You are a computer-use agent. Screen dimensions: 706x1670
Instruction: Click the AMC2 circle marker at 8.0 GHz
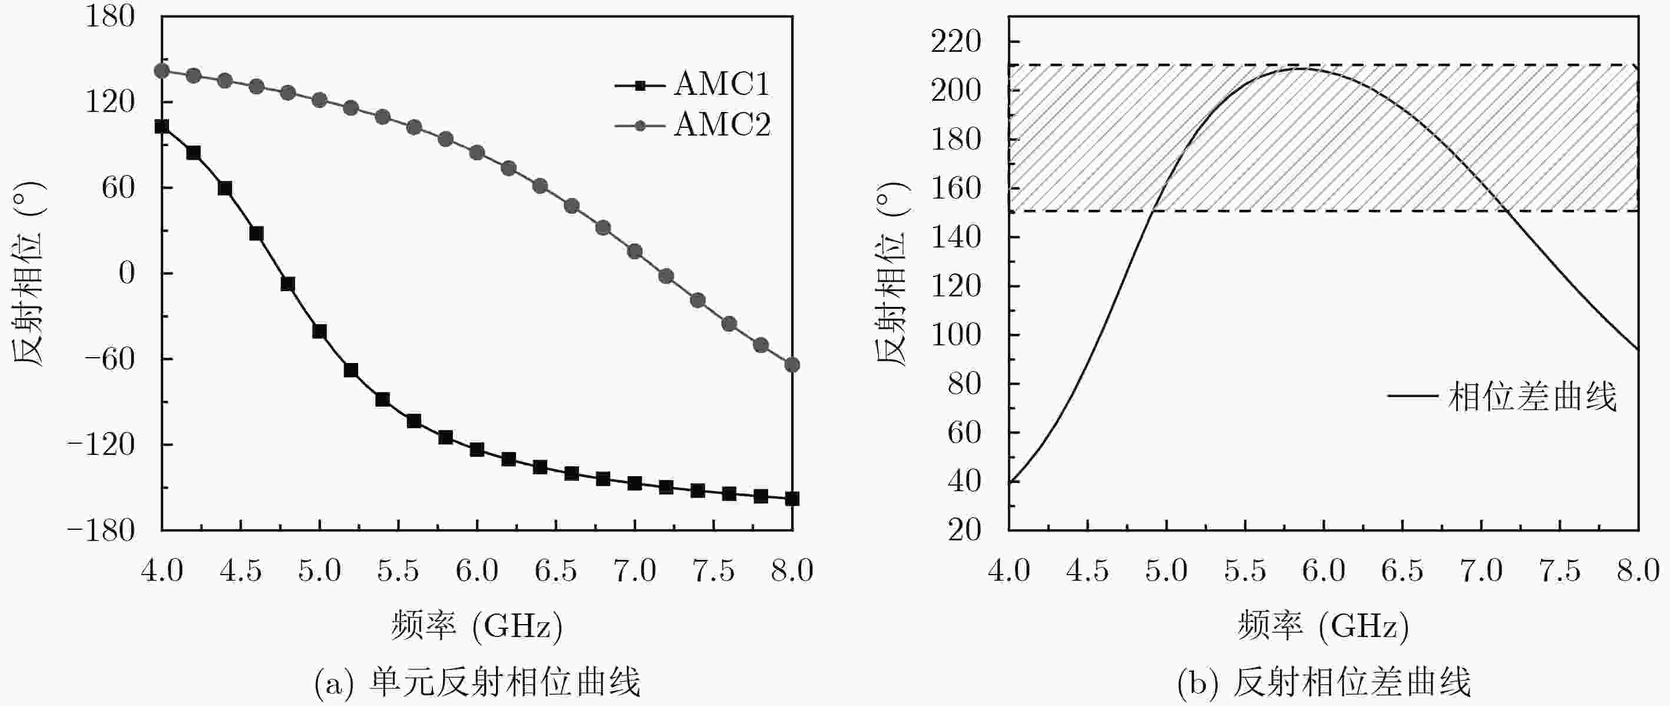coord(792,365)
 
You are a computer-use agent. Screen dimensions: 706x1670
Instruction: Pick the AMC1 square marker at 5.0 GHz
coord(320,331)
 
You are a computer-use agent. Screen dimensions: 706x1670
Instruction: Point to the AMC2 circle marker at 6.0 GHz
coord(477,153)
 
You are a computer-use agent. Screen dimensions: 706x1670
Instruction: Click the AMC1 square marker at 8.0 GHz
coord(792,499)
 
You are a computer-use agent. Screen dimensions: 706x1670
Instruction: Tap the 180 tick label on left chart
coord(110,17)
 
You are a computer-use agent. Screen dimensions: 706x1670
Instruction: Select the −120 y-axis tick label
coord(101,445)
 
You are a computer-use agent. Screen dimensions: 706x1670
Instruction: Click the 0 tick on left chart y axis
coord(127,273)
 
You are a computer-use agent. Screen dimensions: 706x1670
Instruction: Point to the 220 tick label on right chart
coord(956,42)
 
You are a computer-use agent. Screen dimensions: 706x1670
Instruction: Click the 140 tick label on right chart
coord(956,237)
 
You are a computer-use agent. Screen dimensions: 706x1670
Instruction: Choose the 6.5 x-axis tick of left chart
coord(555,571)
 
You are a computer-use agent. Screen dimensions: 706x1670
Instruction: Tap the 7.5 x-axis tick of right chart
coord(1560,571)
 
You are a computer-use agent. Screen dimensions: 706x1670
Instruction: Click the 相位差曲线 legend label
coord(1533,397)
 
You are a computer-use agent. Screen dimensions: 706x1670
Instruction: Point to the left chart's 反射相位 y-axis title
coord(29,273)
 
